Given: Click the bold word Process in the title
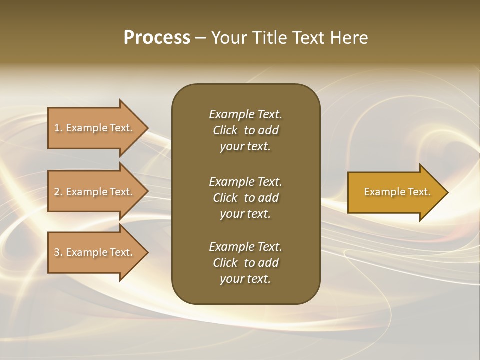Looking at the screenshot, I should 157,38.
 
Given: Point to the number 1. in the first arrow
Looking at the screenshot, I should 58,128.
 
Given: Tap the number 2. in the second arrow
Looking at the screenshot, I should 58,192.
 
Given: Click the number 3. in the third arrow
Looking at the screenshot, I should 58,252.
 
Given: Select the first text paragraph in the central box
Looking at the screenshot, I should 245,130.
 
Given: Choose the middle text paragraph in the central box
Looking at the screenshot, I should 245,198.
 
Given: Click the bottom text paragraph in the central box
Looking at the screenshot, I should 245,263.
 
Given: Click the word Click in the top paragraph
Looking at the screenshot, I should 225,130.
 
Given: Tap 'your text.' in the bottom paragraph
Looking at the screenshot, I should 245,279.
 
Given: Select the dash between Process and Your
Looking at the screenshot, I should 200,38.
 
